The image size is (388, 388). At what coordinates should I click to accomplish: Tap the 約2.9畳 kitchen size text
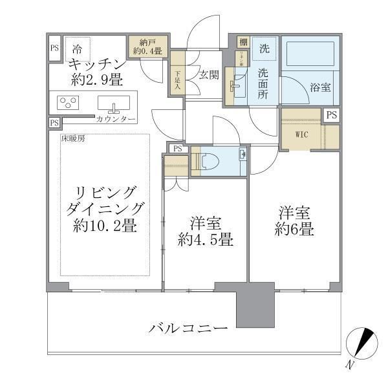[97, 80]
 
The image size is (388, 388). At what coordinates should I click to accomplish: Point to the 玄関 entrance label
[209, 74]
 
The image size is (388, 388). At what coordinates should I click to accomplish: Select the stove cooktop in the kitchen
[67, 103]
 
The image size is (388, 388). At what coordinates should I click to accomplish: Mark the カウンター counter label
[116, 120]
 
